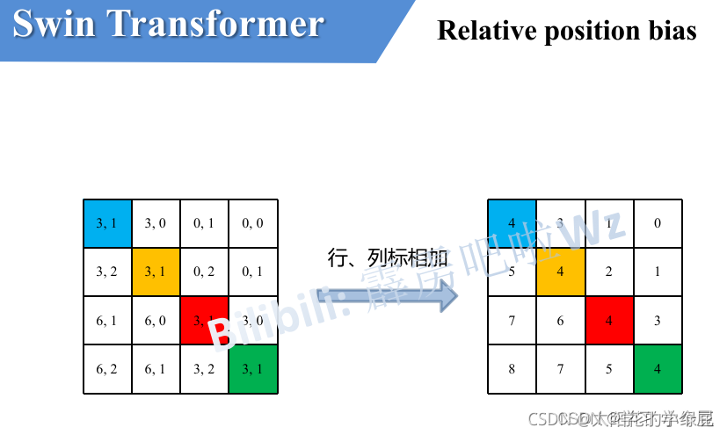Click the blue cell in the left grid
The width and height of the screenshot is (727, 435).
pos(107,223)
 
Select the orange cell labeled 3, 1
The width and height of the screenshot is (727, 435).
pos(156,272)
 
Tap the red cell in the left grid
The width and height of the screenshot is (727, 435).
pos(204,320)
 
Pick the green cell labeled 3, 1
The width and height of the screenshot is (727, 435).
pos(253,369)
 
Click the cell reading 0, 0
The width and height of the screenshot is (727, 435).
pos(253,223)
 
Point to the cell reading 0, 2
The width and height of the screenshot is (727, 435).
pos(204,272)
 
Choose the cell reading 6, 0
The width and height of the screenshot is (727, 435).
pos(156,320)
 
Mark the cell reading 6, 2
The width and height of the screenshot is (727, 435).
pos(107,369)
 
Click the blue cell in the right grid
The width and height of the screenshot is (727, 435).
pos(512,223)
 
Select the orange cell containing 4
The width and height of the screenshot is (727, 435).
pos(560,272)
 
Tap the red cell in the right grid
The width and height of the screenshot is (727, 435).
pos(608,320)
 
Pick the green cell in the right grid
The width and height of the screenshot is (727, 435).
pos(658,369)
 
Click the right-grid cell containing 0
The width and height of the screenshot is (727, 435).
pos(658,223)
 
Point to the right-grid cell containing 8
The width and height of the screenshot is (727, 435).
pos(512,369)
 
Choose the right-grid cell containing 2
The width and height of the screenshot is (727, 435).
pos(608,272)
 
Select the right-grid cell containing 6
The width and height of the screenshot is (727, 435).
pos(560,320)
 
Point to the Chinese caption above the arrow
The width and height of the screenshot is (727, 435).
pos(388,257)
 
